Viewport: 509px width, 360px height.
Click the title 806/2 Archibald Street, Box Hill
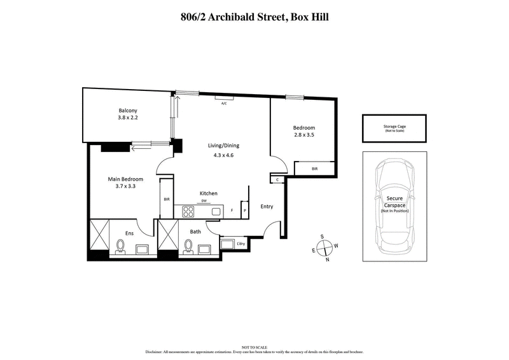(254, 17)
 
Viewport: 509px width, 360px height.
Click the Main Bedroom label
(125, 179)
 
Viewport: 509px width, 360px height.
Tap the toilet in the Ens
(120, 246)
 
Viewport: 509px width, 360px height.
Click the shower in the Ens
(99, 235)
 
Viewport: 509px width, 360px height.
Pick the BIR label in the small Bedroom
(314, 169)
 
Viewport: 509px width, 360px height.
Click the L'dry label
(241, 244)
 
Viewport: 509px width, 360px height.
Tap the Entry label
(267, 206)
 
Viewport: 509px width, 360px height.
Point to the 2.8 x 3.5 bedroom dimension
(304, 135)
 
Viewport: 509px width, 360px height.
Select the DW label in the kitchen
(204, 201)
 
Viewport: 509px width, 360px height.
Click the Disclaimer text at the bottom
(254, 350)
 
